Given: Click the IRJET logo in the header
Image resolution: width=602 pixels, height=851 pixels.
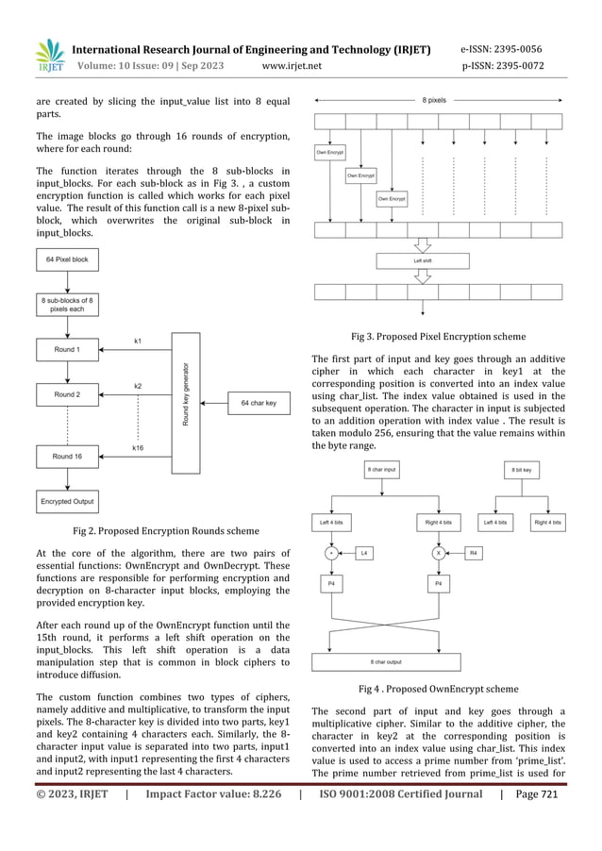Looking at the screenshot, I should coord(48,56).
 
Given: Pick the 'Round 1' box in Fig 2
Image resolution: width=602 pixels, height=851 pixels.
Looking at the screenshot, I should coord(67,350).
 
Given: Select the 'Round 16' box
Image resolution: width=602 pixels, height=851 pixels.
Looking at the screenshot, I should coord(67,456).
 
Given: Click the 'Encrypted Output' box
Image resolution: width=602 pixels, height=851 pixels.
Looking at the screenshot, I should coord(67,501).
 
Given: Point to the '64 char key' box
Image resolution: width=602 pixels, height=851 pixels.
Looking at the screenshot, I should coord(259,403).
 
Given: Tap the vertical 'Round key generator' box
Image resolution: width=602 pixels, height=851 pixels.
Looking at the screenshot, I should coord(187,403).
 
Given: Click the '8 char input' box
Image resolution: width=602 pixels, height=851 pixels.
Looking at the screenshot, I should coord(382,468).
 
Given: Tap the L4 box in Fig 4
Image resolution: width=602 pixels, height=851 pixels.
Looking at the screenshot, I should coord(364,554).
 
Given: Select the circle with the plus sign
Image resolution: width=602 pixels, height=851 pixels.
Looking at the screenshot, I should coord(331,554).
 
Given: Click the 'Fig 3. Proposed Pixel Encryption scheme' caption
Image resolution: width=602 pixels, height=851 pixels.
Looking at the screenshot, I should coord(438,336).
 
